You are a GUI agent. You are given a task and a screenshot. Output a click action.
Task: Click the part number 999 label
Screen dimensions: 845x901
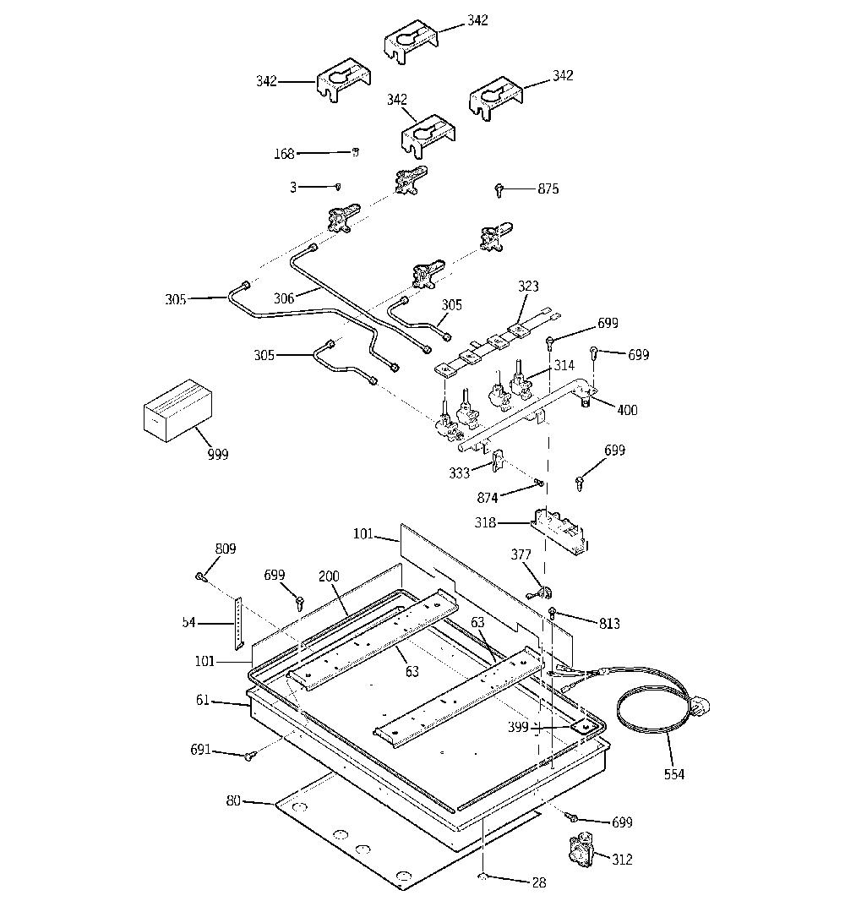pyautogui.click(x=218, y=455)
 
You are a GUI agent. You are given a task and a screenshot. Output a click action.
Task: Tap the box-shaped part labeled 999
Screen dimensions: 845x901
pyautogui.click(x=177, y=410)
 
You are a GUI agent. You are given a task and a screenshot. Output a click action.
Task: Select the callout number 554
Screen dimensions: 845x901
pyautogui.click(x=673, y=774)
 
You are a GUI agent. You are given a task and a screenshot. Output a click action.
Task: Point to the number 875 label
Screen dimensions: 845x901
pyautogui.click(x=548, y=188)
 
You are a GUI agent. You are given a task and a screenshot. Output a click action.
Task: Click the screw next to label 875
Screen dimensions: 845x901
pyautogui.click(x=499, y=189)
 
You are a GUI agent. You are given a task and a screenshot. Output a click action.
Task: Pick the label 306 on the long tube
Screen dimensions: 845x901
pyautogui.click(x=284, y=298)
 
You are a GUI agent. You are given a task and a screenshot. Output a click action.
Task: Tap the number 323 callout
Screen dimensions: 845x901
pyautogui.click(x=528, y=286)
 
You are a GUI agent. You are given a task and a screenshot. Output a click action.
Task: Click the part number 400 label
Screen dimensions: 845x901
pyautogui.click(x=627, y=410)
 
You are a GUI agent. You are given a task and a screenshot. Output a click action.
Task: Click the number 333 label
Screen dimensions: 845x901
pyautogui.click(x=459, y=473)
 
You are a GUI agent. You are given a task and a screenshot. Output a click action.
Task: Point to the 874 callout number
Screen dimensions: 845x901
pyautogui.click(x=487, y=497)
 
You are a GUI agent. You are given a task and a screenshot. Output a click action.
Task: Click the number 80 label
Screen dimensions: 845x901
pyautogui.click(x=233, y=800)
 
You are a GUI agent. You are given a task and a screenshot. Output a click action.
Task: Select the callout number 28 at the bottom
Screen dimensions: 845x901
pyautogui.click(x=539, y=882)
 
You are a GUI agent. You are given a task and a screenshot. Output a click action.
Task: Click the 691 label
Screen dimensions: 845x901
pyautogui.click(x=200, y=750)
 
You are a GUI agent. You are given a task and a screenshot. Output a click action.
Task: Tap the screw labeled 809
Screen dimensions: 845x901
pyautogui.click(x=201, y=576)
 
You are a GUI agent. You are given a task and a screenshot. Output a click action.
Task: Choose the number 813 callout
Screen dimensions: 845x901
pyautogui.click(x=609, y=623)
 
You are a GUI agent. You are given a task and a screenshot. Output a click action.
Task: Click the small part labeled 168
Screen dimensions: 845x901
pyautogui.click(x=356, y=151)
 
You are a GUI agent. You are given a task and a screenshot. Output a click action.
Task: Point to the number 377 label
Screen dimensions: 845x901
pyautogui.click(x=521, y=554)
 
